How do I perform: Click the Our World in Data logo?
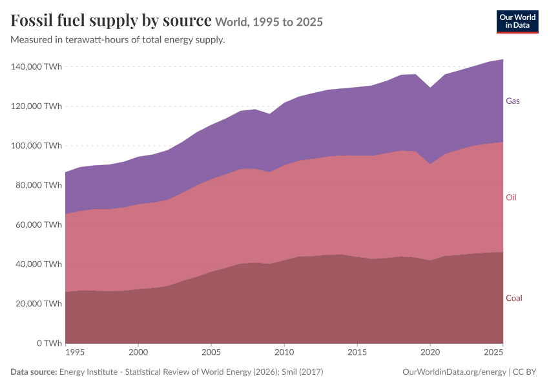pyautogui.click(x=517, y=22)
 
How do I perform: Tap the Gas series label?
pyautogui.click(x=513, y=101)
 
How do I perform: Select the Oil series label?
pyautogui.click(x=511, y=197)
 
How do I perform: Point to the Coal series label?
pyautogui.click(x=514, y=298)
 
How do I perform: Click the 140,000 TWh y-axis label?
pyautogui.click(x=36, y=66)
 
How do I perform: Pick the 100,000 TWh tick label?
pyautogui.click(x=36, y=145)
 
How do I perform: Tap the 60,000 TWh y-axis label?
pyautogui.click(x=39, y=224)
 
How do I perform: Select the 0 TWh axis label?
pyautogui.click(x=49, y=343)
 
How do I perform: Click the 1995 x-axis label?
pyautogui.click(x=74, y=352)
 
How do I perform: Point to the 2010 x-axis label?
pyautogui.click(x=284, y=352)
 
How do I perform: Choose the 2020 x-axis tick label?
pyautogui.click(x=430, y=352)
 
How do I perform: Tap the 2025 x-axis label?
pyautogui.click(x=493, y=352)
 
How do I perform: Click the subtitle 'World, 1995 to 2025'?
pyautogui.click(x=269, y=22)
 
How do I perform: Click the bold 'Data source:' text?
pyautogui.click(x=34, y=372)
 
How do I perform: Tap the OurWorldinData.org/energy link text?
pyautogui.click(x=455, y=372)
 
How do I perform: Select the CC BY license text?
pyautogui.click(x=524, y=372)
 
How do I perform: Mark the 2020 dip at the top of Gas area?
pyautogui.click(x=430, y=88)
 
